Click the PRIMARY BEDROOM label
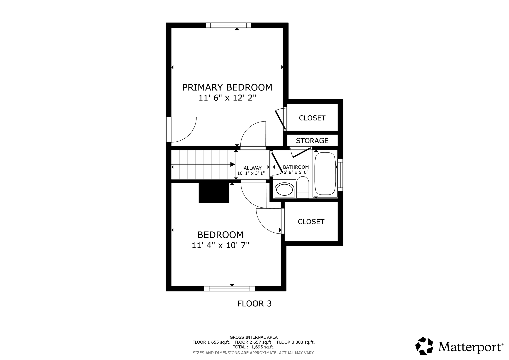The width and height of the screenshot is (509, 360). pos(227,87)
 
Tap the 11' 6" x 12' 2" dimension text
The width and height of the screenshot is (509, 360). pos(227,98)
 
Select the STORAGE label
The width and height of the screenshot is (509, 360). pos(312,141)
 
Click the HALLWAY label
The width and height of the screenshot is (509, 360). pos(251,168)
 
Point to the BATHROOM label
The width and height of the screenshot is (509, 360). pos(296,167)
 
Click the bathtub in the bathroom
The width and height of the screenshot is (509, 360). pos(325,174)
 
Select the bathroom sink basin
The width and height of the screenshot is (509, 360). pos(284,190)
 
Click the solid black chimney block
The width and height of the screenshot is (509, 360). pos(214,193)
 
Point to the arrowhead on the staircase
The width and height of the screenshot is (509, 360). pos(233,164)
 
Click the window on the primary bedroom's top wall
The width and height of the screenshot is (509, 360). pos(228,25)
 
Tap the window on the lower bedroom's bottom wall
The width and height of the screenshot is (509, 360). pos(230,289)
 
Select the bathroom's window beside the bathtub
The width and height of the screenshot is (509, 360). pos(340,175)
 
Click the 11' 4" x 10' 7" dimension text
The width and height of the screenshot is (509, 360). pos(220,245)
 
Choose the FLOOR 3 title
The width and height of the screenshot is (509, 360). pos(254,304)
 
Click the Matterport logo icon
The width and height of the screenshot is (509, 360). pos(424,346)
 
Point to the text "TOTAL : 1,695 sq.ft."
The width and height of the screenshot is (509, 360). pos(253,347)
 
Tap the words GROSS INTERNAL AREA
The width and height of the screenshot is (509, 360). pos(254,337)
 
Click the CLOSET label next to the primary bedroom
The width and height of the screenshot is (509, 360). pos(312,118)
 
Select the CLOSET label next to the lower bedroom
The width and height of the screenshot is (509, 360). pos(311,222)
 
